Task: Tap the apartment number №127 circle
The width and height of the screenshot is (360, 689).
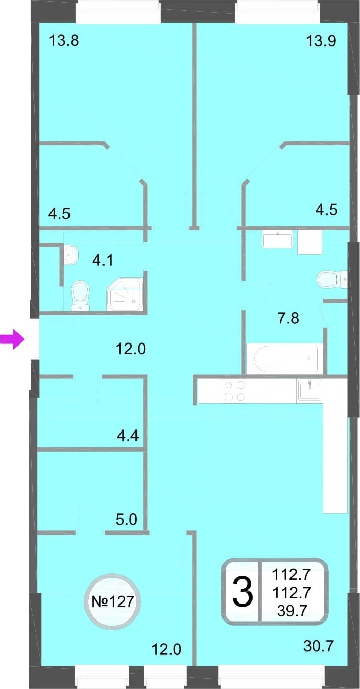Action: point(113,601)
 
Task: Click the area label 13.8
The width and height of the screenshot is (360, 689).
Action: point(64,40)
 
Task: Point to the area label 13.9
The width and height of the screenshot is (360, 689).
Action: point(321,40)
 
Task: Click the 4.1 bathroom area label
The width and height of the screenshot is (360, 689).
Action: point(103,261)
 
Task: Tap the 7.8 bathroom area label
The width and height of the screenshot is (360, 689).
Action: point(288,318)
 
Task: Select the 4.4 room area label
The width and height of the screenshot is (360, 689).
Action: point(128,436)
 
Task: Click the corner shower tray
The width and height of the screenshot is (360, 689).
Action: point(125,295)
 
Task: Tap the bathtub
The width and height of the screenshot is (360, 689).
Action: point(286,358)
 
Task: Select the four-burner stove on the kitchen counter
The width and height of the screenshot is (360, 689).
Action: point(234,391)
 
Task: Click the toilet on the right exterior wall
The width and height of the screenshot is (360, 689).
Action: point(332,279)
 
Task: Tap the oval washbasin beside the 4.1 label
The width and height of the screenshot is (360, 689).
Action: point(72,254)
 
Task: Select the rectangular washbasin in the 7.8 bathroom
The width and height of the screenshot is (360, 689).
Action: point(277,239)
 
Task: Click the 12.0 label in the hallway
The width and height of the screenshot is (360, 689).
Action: point(131,349)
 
